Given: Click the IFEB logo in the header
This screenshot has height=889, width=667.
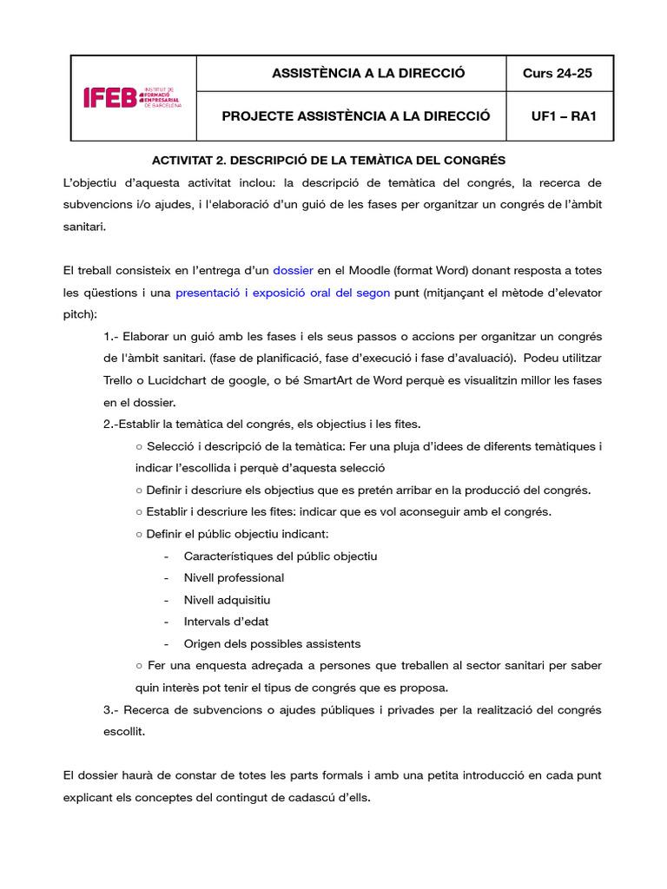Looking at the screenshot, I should [132, 97].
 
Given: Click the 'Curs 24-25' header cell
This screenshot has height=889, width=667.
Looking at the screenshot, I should [557, 73].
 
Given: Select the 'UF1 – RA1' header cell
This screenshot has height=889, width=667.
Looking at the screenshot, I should [557, 115].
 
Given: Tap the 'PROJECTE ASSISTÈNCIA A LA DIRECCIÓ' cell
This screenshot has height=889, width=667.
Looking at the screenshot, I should [356, 115].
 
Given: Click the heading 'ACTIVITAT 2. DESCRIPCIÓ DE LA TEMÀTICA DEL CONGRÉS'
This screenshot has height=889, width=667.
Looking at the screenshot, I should [328, 161].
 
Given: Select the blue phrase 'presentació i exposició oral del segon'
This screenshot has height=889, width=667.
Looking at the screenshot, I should [282, 293].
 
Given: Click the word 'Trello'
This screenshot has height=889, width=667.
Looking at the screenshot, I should [122, 380].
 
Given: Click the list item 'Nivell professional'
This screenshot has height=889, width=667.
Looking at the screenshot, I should [234, 577].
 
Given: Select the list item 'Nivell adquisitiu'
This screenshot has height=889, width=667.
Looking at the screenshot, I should [227, 600].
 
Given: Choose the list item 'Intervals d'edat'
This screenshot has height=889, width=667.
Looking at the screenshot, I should [226, 622].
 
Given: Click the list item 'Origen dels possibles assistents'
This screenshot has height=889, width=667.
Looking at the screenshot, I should [272, 643].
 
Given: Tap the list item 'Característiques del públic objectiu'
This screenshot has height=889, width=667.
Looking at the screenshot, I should [281, 556].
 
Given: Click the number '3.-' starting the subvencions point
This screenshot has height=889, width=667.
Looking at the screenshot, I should [112, 709].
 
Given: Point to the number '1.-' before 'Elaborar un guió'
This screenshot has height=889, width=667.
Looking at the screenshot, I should [111, 336].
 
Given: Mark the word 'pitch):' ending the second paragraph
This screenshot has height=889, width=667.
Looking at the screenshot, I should [81, 314].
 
